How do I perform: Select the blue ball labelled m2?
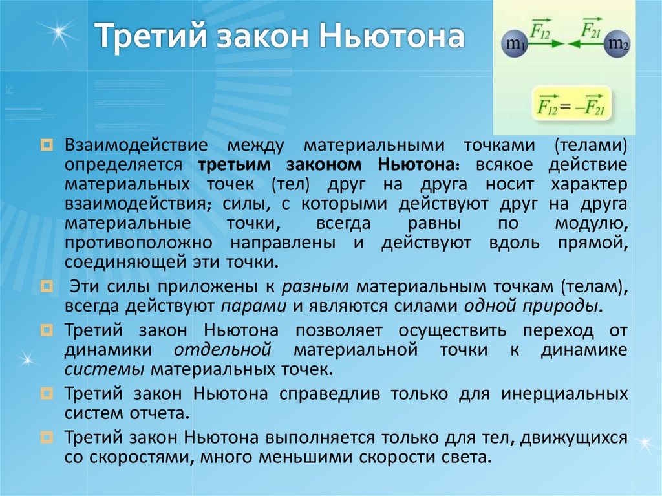point(619,46)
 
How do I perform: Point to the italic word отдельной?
point(222,350)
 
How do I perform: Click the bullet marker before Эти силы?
point(47,286)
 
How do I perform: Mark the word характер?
point(590,184)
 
